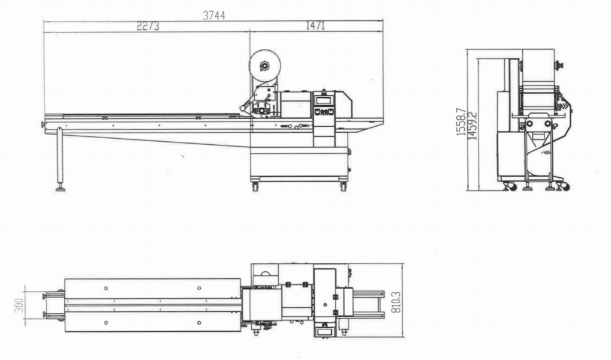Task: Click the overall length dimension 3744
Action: click(214, 15)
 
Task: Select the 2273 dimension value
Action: click(148, 26)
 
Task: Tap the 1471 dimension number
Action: click(315, 26)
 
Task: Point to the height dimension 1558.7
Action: click(461, 122)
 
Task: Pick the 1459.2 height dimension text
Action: click(472, 125)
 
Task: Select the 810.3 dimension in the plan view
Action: click(396, 303)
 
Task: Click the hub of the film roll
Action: click(265, 66)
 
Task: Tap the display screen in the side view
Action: click(323, 100)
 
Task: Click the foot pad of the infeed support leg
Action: click(60, 189)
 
